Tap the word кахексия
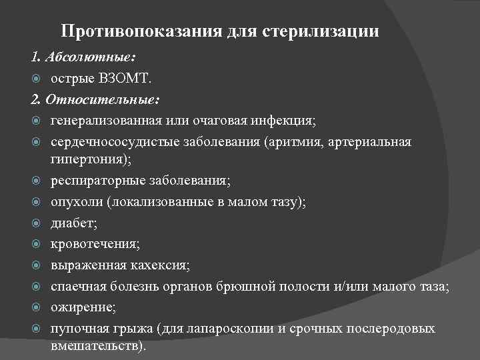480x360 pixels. [x=161, y=265]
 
